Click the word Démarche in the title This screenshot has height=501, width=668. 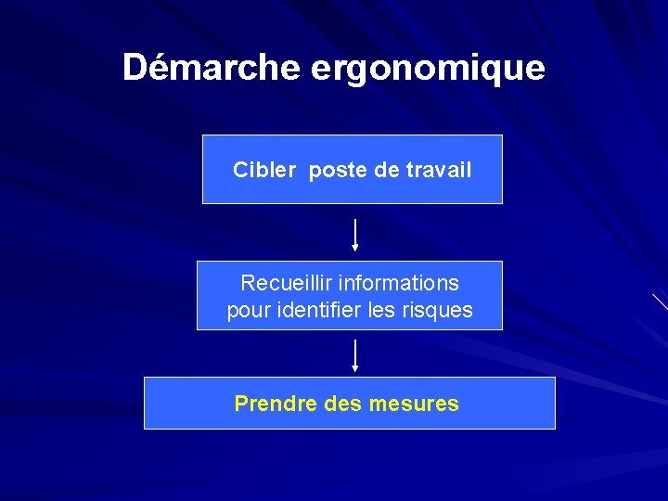click(x=212, y=68)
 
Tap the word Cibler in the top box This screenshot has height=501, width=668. click(x=264, y=171)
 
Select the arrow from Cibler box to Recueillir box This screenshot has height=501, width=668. click(x=354, y=236)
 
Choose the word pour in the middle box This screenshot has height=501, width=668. click(x=247, y=310)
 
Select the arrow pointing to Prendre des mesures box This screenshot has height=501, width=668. click(x=354, y=356)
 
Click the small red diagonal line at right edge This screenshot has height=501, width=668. click(x=660, y=301)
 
